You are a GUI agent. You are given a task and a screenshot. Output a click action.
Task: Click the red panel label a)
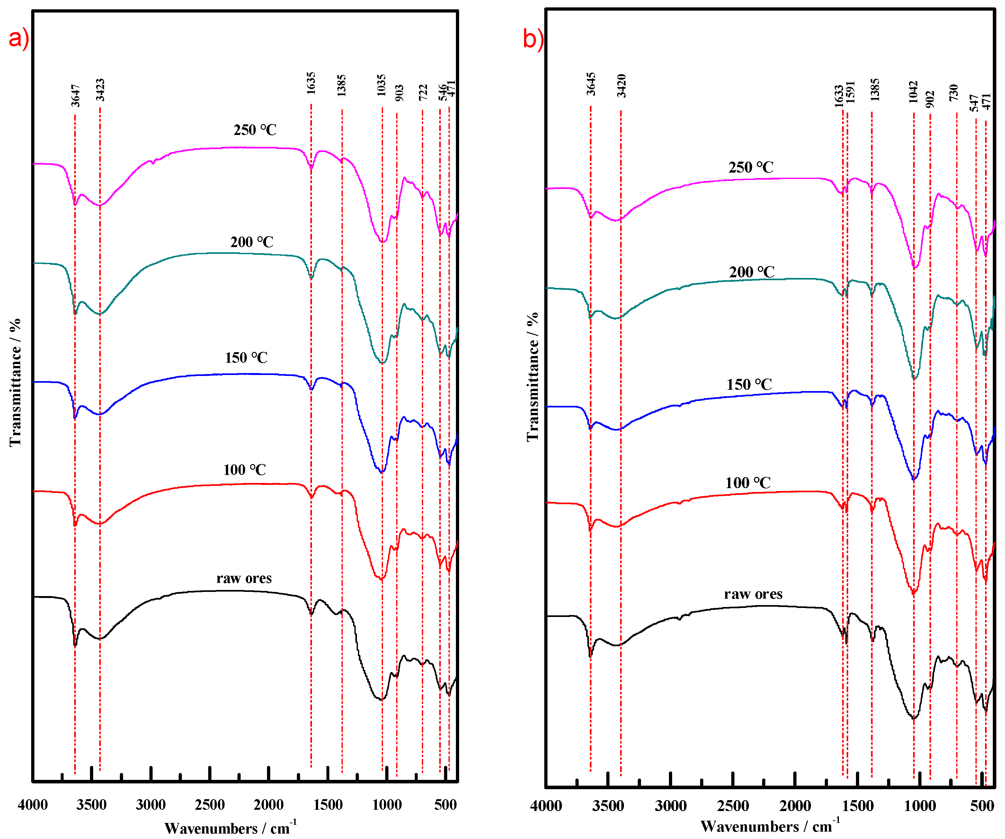19,38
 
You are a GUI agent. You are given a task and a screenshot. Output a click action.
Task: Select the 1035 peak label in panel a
381,85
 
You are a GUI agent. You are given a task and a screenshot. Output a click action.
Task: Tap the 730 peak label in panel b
954,92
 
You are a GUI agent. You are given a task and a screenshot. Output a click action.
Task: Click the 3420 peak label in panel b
621,86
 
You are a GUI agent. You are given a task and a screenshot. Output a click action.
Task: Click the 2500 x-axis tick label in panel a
209,805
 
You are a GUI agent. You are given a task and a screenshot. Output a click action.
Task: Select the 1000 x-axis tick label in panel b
919,806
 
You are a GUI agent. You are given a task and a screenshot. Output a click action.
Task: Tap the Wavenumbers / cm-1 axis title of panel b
769,826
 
